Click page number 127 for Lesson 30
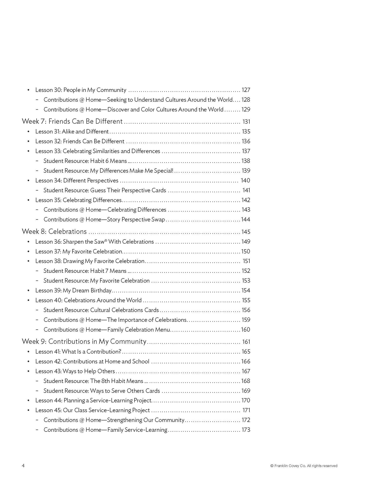tap(246, 90)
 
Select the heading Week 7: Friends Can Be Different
tap(72, 121)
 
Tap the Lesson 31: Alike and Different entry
tap(72, 131)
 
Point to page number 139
tap(246, 171)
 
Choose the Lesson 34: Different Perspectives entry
tap(77, 180)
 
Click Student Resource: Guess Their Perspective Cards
tap(105, 190)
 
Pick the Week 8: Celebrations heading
tap(54, 231)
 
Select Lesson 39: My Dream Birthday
tap(73, 290)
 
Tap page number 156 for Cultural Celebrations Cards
tap(246, 310)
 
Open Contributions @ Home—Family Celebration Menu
tap(107, 330)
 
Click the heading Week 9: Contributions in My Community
tap(84, 341)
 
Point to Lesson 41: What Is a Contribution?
tap(78, 352)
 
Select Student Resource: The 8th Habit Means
tap(93, 381)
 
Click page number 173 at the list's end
tap(246, 430)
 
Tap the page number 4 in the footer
tap(23, 466)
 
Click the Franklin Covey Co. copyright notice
tap(304, 466)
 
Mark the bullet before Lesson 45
tap(29, 410)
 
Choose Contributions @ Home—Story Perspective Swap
tap(104, 220)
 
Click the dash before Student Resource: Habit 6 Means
tap(37, 161)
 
